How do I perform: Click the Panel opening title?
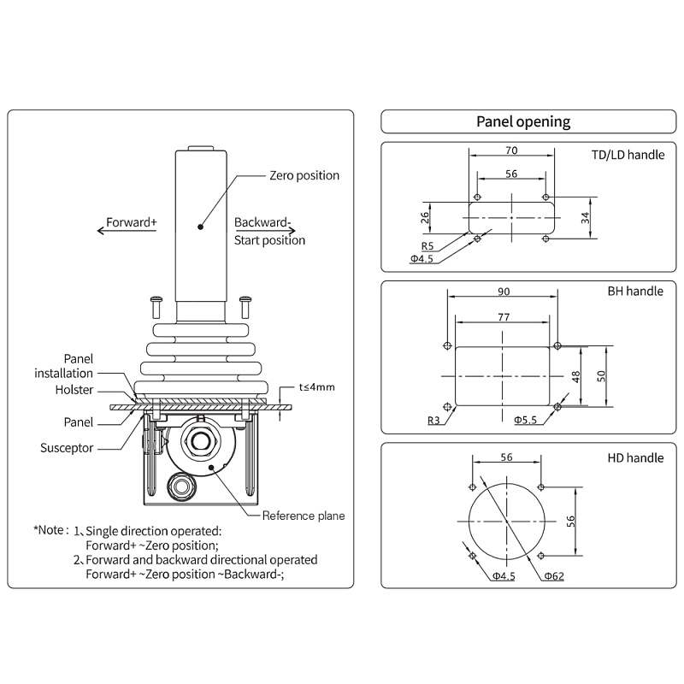(523, 121)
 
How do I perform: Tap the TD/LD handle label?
(628, 155)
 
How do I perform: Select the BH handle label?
(635, 291)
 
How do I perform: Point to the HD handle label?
(635, 457)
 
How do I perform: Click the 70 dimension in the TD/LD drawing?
(511, 150)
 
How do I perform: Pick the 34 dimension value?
(585, 218)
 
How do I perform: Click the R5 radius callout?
(427, 246)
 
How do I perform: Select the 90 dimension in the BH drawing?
(504, 292)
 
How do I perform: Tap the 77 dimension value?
(504, 317)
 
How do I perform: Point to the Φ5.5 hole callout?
(525, 420)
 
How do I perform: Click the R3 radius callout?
(433, 420)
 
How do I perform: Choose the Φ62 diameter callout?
(554, 576)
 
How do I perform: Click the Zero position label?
(304, 175)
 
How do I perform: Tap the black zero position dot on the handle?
(200, 227)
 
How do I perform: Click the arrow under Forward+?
(127, 230)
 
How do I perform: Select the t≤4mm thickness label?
(316, 387)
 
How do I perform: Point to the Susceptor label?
(67, 448)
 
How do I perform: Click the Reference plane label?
(304, 516)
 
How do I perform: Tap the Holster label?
(74, 390)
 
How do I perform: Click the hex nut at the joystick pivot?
(200, 441)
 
